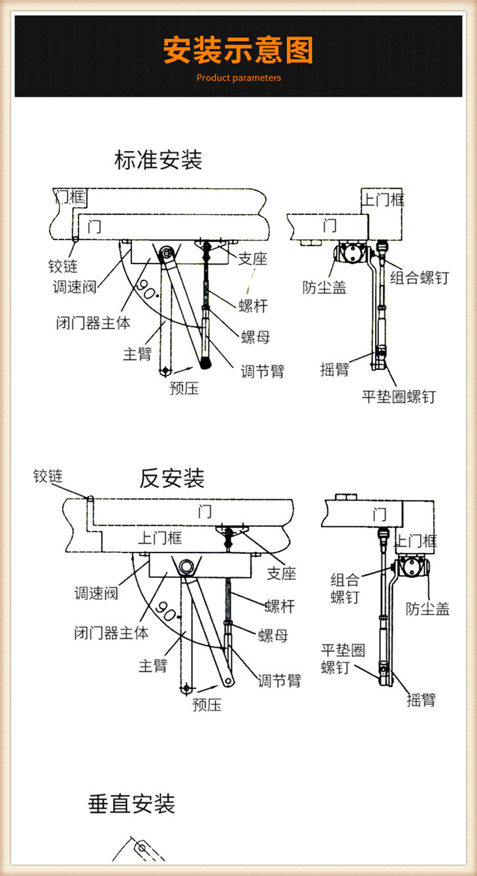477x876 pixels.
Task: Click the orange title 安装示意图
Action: pos(238,50)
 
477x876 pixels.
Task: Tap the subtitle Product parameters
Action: pos(238,78)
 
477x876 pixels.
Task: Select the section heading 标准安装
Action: pos(158,160)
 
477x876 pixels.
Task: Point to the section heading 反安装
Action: pos(172,479)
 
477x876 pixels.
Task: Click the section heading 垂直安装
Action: pos(132,803)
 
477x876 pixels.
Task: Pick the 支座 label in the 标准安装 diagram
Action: pos(252,259)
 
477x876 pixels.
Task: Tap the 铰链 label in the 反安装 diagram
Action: pos(48,476)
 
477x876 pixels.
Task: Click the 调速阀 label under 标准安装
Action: pos(74,286)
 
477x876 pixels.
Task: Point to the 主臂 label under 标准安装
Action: pos(137,354)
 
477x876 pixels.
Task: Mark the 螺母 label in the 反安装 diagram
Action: pos(272,635)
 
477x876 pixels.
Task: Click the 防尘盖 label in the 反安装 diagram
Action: pos(427,609)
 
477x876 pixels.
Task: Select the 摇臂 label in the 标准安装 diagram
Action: pos(335,369)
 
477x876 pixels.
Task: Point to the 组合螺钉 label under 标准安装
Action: pos(419,278)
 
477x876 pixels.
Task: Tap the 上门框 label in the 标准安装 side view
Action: pos(384,199)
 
